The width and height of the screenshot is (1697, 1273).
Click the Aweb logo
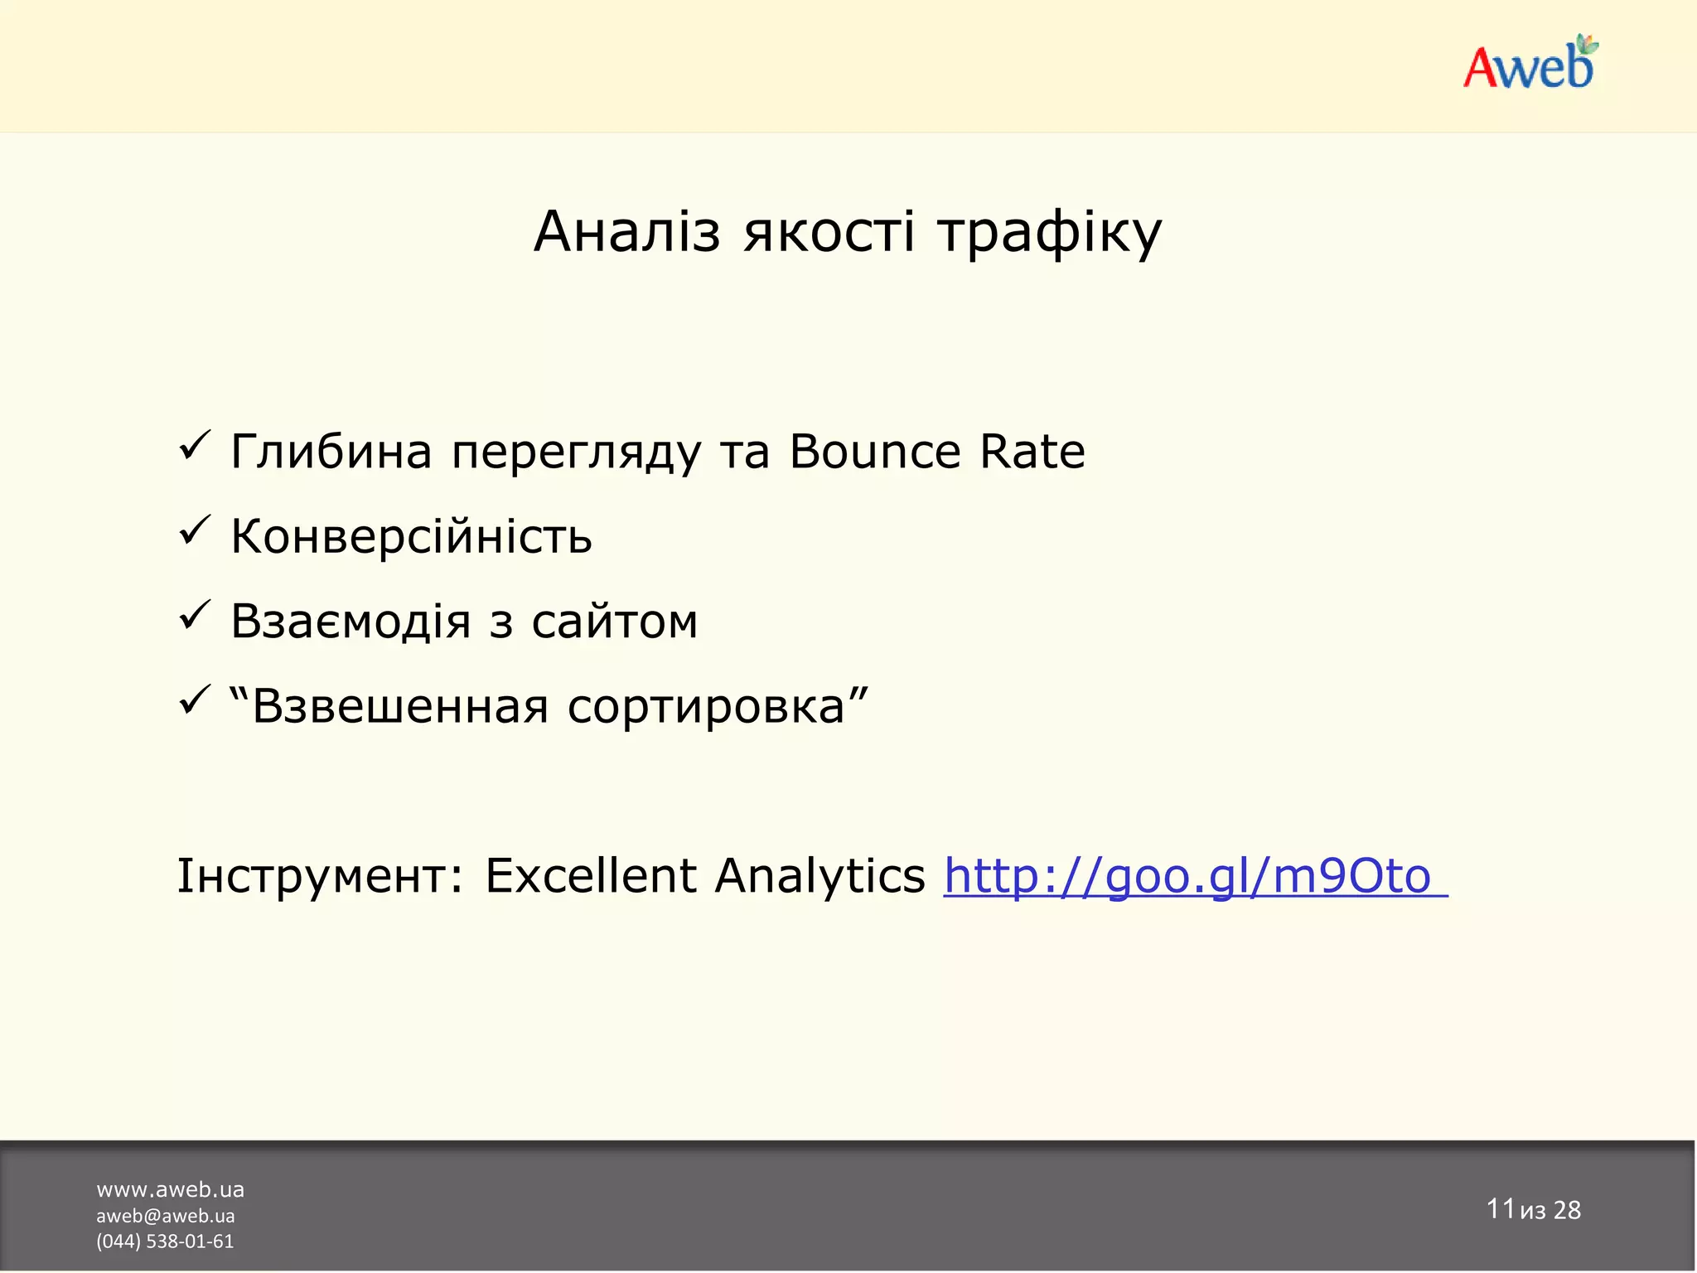(x=1530, y=64)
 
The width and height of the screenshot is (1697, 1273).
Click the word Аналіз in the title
(x=627, y=232)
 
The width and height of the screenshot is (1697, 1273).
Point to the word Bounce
(x=874, y=453)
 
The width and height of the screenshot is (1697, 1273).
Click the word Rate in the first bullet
(x=1032, y=453)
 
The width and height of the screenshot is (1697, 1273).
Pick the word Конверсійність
(x=411, y=536)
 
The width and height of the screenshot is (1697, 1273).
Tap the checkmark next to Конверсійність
(x=195, y=531)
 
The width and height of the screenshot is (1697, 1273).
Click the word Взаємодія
(x=351, y=622)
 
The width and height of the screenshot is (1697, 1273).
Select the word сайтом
(x=615, y=622)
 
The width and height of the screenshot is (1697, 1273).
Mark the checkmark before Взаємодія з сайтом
(x=195, y=617)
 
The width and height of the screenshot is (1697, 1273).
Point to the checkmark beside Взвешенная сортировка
(x=195, y=701)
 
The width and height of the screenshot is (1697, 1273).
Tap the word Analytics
(x=819, y=877)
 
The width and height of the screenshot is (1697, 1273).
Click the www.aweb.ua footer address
(x=170, y=1190)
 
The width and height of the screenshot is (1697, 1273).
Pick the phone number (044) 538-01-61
(x=165, y=1242)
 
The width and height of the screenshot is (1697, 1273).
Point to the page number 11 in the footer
(x=1500, y=1208)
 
